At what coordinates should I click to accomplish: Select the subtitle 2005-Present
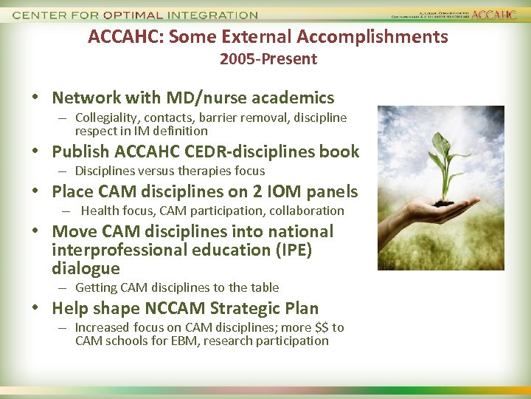268,59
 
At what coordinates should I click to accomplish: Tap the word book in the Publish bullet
341,152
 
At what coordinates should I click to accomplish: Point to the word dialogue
86,269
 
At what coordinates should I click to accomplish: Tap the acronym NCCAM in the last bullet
184,309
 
